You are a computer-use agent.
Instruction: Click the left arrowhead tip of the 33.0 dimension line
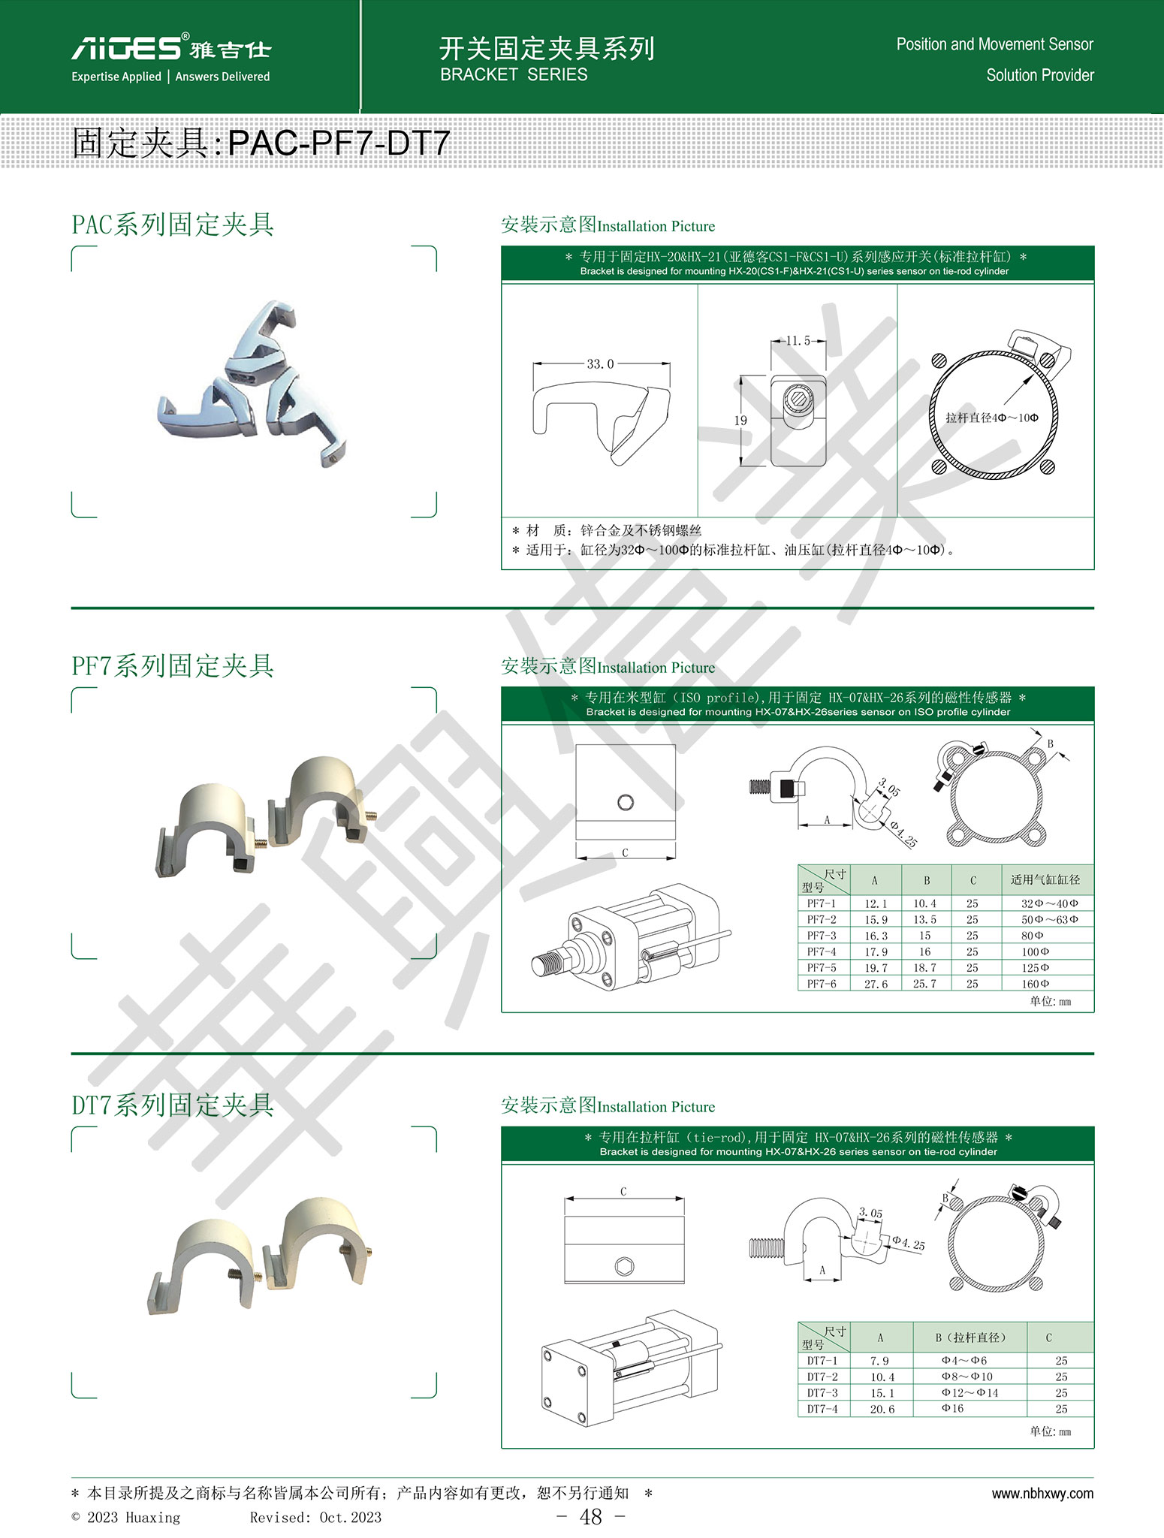coord(534,364)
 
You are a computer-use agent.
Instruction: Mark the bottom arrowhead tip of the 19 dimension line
coord(742,466)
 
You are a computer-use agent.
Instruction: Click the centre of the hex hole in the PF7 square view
coord(625,803)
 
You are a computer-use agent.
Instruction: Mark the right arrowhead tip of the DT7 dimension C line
coord(684,1199)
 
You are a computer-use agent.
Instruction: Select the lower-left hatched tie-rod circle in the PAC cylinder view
coord(939,466)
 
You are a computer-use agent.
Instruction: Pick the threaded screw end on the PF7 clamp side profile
coord(761,788)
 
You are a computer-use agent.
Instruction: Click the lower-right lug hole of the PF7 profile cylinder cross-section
coord(1036,833)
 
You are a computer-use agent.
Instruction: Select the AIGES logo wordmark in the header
coord(126,47)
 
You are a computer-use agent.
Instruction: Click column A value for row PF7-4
coord(876,952)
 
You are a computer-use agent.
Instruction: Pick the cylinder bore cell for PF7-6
coord(1036,984)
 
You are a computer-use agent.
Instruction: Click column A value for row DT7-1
coord(879,1361)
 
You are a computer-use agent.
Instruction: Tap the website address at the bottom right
coord(1042,1494)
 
